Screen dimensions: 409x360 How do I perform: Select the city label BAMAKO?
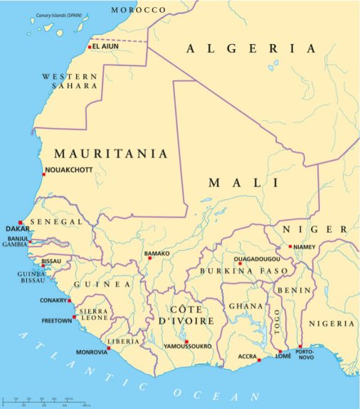pos(157,253)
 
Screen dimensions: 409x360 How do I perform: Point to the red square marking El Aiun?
pos(90,47)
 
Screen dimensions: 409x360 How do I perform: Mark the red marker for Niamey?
pos(290,247)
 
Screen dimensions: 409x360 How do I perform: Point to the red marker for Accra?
pos(260,360)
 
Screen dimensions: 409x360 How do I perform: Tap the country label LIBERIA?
pos(124,341)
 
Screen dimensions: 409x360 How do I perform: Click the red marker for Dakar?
pos(21,223)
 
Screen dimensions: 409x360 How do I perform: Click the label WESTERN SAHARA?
pos(70,80)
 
